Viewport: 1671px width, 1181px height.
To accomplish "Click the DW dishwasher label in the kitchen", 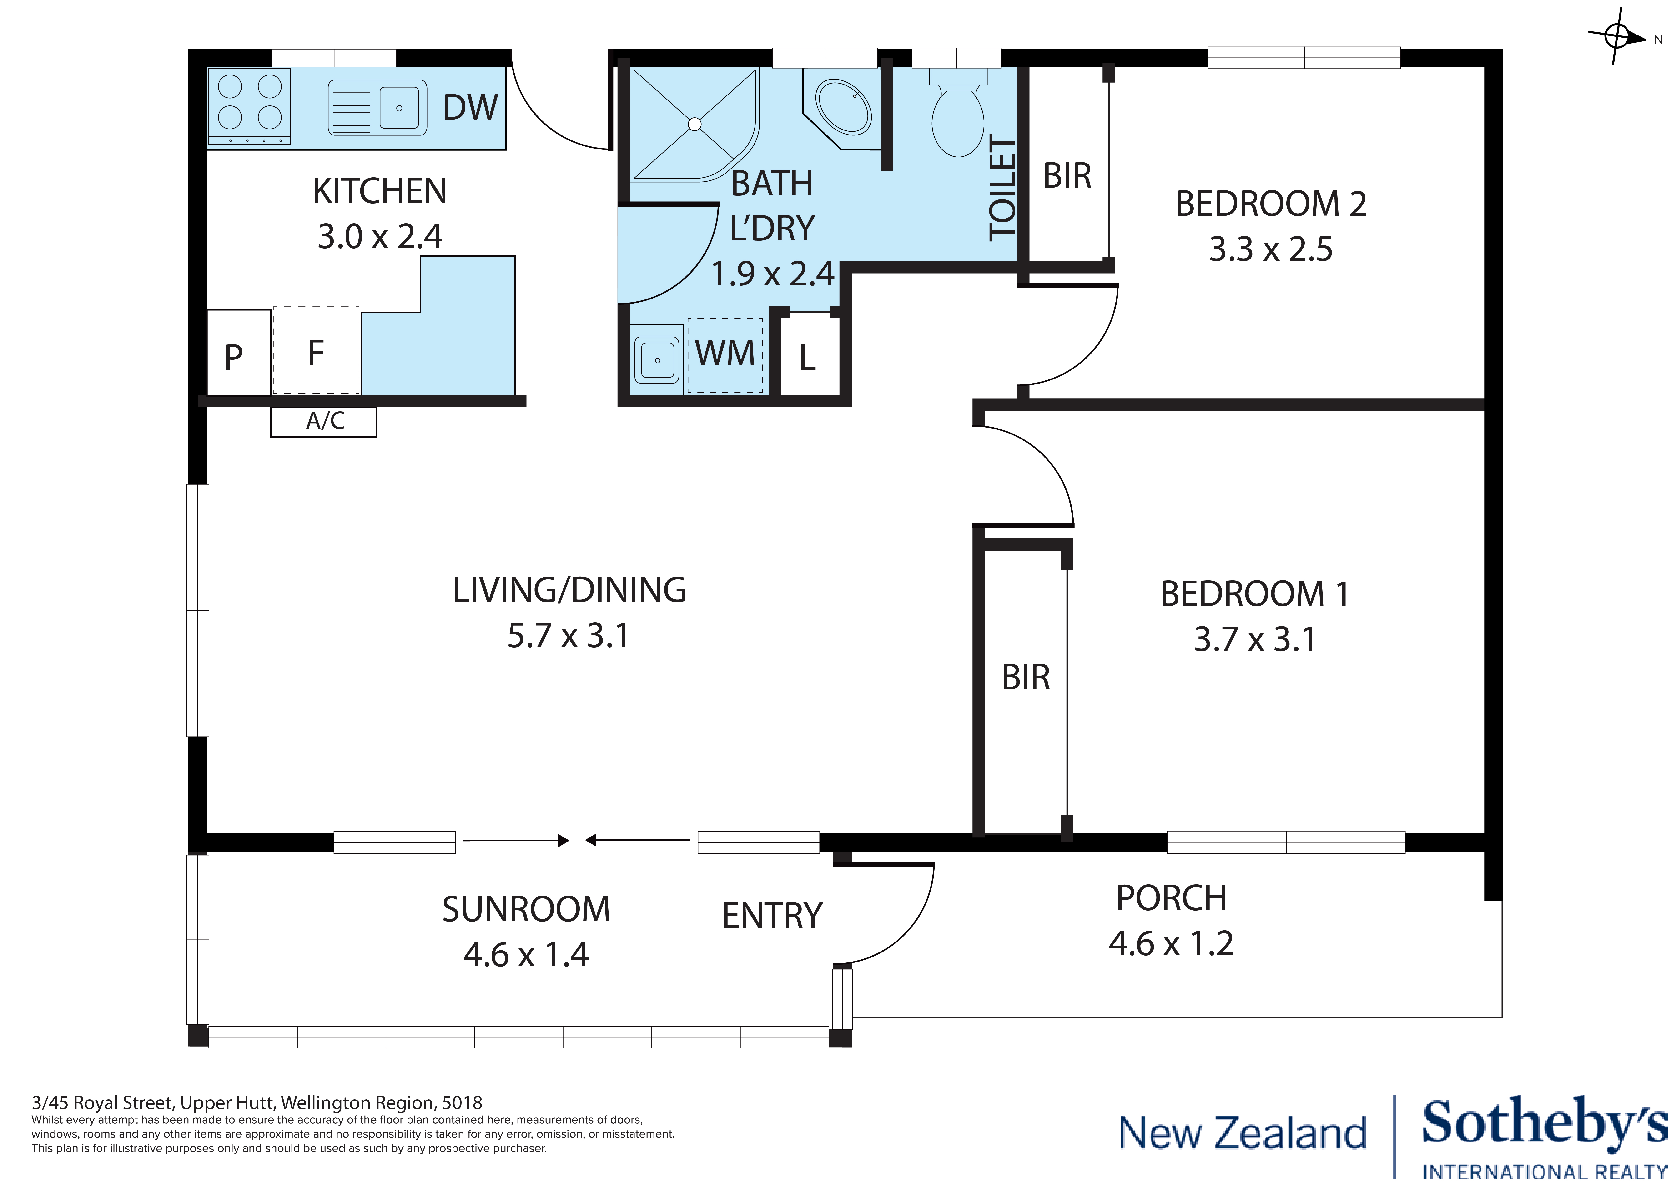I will pyautogui.click(x=469, y=108).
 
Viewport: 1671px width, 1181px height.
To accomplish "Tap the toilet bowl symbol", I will pyautogui.click(x=958, y=120).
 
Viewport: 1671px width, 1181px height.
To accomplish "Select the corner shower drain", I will pyautogui.click(x=694, y=125).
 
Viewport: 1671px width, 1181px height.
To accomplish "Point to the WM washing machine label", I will pyautogui.click(x=725, y=354).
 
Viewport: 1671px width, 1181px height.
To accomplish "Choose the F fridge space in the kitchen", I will pyautogui.click(x=316, y=352).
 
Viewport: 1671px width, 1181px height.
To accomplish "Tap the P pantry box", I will pyautogui.click(x=234, y=357).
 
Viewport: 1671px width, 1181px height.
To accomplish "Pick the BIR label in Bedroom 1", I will pyautogui.click(x=1026, y=678).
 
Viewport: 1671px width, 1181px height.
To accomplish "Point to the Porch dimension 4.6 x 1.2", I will pyautogui.click(x=1171, y=944).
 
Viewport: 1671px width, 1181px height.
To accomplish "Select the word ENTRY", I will pyautogui.click(x=772, y=915).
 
